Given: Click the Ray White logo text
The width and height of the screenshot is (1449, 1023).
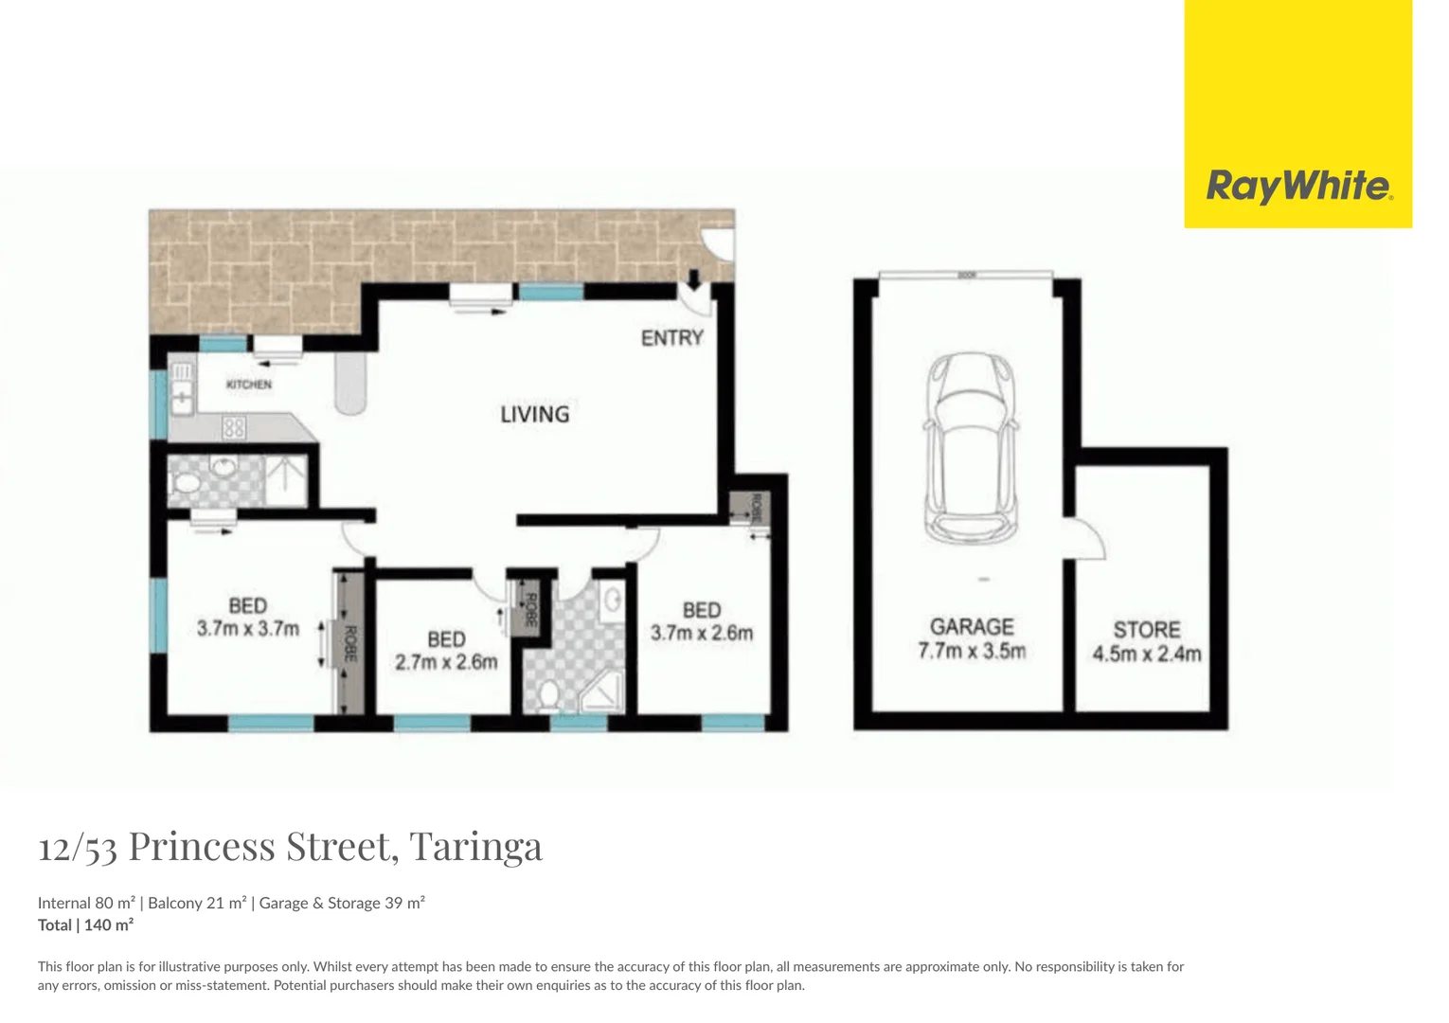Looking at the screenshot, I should pyautogui.click(x=1298, y=186).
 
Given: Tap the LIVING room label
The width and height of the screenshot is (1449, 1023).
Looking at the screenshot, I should pyautogui.click(x=535, y=414).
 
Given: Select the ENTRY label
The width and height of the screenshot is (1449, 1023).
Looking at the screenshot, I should pyautogui.click(x=671, y=338).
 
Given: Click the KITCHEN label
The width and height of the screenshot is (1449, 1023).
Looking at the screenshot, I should pyautogui.click(x=249, y=385).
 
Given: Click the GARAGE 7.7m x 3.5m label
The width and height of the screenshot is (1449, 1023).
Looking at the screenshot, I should pyautogui.click(x=972, y=638).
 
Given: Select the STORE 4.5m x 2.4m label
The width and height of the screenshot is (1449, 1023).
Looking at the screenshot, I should pyautogui.click(x=1147, y=641).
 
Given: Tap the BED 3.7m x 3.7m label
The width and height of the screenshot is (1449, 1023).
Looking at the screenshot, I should pyautogui.click(x=248, y=617).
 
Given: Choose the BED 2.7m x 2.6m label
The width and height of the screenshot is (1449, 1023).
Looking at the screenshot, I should pyautogui.click(x=446, y=651).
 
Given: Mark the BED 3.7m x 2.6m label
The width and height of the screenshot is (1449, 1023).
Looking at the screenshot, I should pyautogui.click(x=702, y=621).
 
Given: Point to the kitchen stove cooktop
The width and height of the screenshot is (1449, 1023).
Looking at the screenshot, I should pyautogui.click(x=234, y=428).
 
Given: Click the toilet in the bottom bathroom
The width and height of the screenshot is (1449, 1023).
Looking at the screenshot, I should pyautogui.click(x=547, y=696).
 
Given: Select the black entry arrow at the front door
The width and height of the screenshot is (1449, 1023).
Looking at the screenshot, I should pyautogui.click(x=693, y=278).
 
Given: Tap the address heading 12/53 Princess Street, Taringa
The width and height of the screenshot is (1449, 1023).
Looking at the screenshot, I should pyautogui.click(x=290, y=846).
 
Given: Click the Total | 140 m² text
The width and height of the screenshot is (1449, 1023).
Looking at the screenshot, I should pyautogui.click(x=85, y=925).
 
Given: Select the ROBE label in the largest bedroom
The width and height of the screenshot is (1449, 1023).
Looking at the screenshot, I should pyautogui.click(x=350, y=644).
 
